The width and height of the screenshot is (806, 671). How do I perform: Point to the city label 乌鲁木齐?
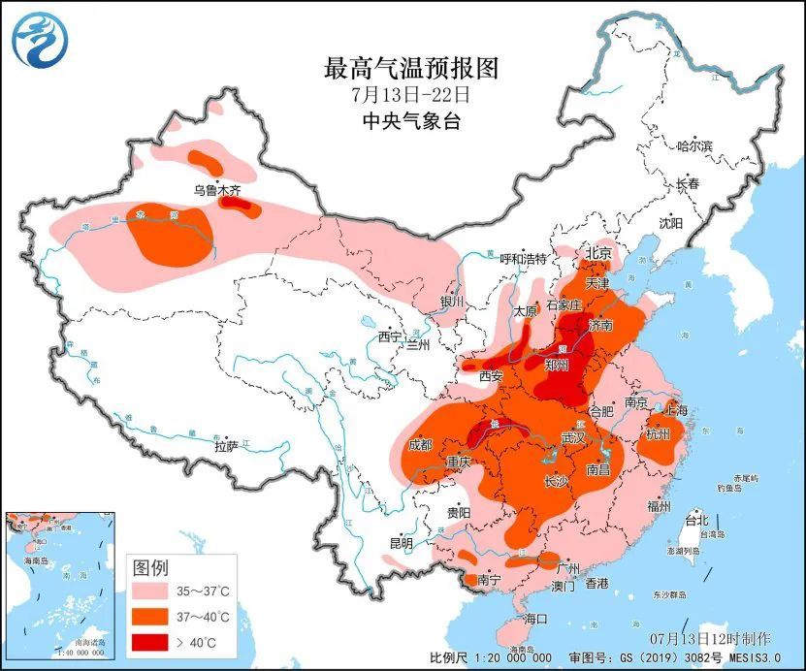click(216, 189)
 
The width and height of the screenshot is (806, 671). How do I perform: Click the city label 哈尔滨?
click(693, 145)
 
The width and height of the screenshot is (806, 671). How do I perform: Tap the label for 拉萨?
click(226, 447)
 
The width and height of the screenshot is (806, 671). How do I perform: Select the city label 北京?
click(598, 253)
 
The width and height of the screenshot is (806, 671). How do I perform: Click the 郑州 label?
click(557, 366)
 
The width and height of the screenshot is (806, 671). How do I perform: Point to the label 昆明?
click(401, 542)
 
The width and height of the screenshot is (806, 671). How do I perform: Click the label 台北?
click(697, 520)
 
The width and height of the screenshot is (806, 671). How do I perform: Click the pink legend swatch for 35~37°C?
click(154, 591)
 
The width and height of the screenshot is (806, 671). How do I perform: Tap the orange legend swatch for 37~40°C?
click(154, 616)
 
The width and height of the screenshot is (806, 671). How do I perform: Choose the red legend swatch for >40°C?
click(154, 641)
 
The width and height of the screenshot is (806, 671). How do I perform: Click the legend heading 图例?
click(151, 565)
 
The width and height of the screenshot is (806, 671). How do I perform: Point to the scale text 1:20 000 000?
click(516, 656)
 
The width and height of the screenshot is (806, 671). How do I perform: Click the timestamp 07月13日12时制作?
click(711, 638)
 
